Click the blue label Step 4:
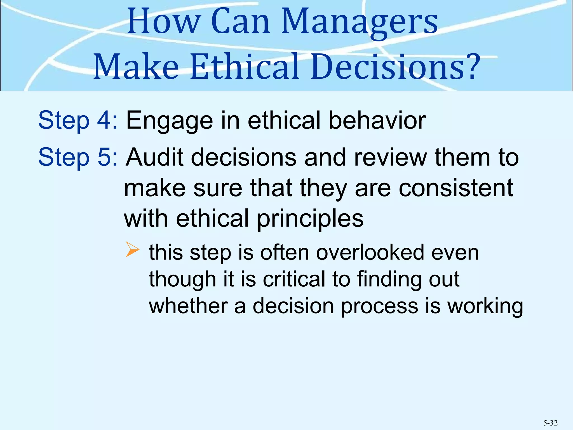coord(78,120)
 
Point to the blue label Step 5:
coord(78,157)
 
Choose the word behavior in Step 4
coord(377,120)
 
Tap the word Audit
coord(154,157)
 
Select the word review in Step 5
coord(391,157)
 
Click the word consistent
coord(456,188)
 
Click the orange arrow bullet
coord(132,249)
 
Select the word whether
coord(188,306)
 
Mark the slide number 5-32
coord(550,423)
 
